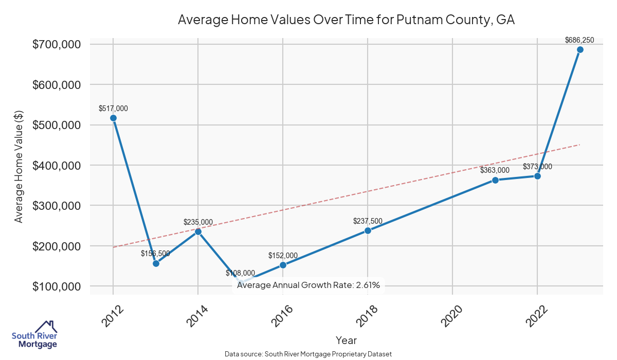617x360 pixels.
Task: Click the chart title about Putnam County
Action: tap(346, 20)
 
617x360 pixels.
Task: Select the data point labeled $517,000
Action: tap(113, 118)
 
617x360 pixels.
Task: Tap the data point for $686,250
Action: tap(580, 50)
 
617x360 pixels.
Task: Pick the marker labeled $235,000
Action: tap(198, 231)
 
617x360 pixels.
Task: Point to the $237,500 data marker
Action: tap(368, 230)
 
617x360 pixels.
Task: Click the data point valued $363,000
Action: tap(495, 180)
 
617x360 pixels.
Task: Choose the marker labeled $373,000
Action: tap(537, 176)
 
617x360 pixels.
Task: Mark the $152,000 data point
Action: tap(283, 265)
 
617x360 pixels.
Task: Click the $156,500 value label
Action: tap(155, 254)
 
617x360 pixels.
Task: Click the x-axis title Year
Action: tap(346, 340)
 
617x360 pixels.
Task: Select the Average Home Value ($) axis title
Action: tap(19, 165)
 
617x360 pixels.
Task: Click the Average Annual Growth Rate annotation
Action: tap(308, 285)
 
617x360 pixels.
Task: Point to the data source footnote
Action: tap(308, 354)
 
